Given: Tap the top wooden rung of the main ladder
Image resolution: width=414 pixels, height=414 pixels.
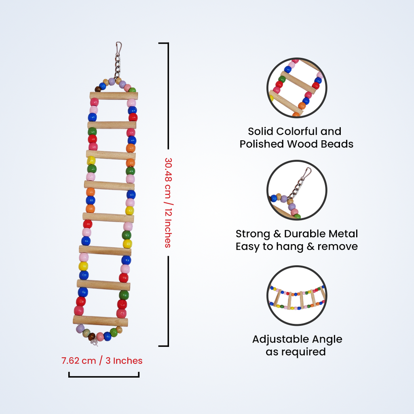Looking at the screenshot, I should pos(114,96).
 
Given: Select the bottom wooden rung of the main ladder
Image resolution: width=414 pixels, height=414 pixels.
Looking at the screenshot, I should pos(100,321).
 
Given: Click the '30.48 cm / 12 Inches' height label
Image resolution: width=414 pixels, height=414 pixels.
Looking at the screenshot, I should pos(168,202).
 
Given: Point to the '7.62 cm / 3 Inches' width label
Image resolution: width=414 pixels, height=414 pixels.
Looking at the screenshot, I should pos(102,361).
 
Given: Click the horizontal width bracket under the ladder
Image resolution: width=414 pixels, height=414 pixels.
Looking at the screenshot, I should pos(104,376).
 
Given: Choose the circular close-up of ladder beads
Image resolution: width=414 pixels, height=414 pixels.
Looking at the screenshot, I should pos(296,88).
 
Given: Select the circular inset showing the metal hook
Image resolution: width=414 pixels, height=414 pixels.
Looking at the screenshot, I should pos(296,190).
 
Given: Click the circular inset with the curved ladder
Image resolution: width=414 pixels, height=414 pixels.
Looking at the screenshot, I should pos(296,296).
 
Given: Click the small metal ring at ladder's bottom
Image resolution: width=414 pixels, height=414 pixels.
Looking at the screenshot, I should pos(95,343).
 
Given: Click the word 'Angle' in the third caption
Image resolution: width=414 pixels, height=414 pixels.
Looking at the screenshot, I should pos(326,339).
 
